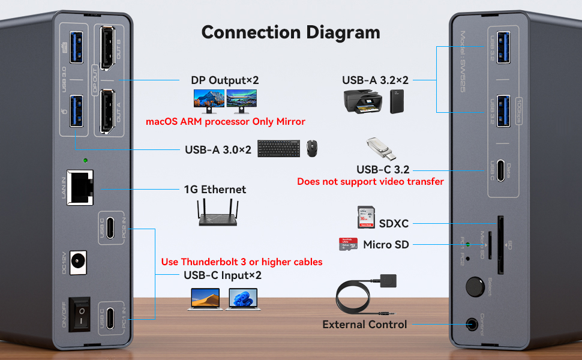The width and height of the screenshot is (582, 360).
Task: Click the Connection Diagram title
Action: click(290, 32)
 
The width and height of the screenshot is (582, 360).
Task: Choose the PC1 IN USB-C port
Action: click(110, 314)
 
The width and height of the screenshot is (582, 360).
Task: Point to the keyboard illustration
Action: click(279, 148)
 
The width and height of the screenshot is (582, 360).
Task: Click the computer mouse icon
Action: click(312, 148)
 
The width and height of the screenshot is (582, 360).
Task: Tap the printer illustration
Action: click(362, 101)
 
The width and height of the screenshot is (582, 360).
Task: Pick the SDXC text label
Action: click(394, 223)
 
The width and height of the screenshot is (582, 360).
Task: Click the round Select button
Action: click(475, 286)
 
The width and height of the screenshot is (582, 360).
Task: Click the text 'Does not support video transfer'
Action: click(370, 181)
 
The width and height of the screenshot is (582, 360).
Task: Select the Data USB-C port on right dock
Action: click(500, 173)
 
